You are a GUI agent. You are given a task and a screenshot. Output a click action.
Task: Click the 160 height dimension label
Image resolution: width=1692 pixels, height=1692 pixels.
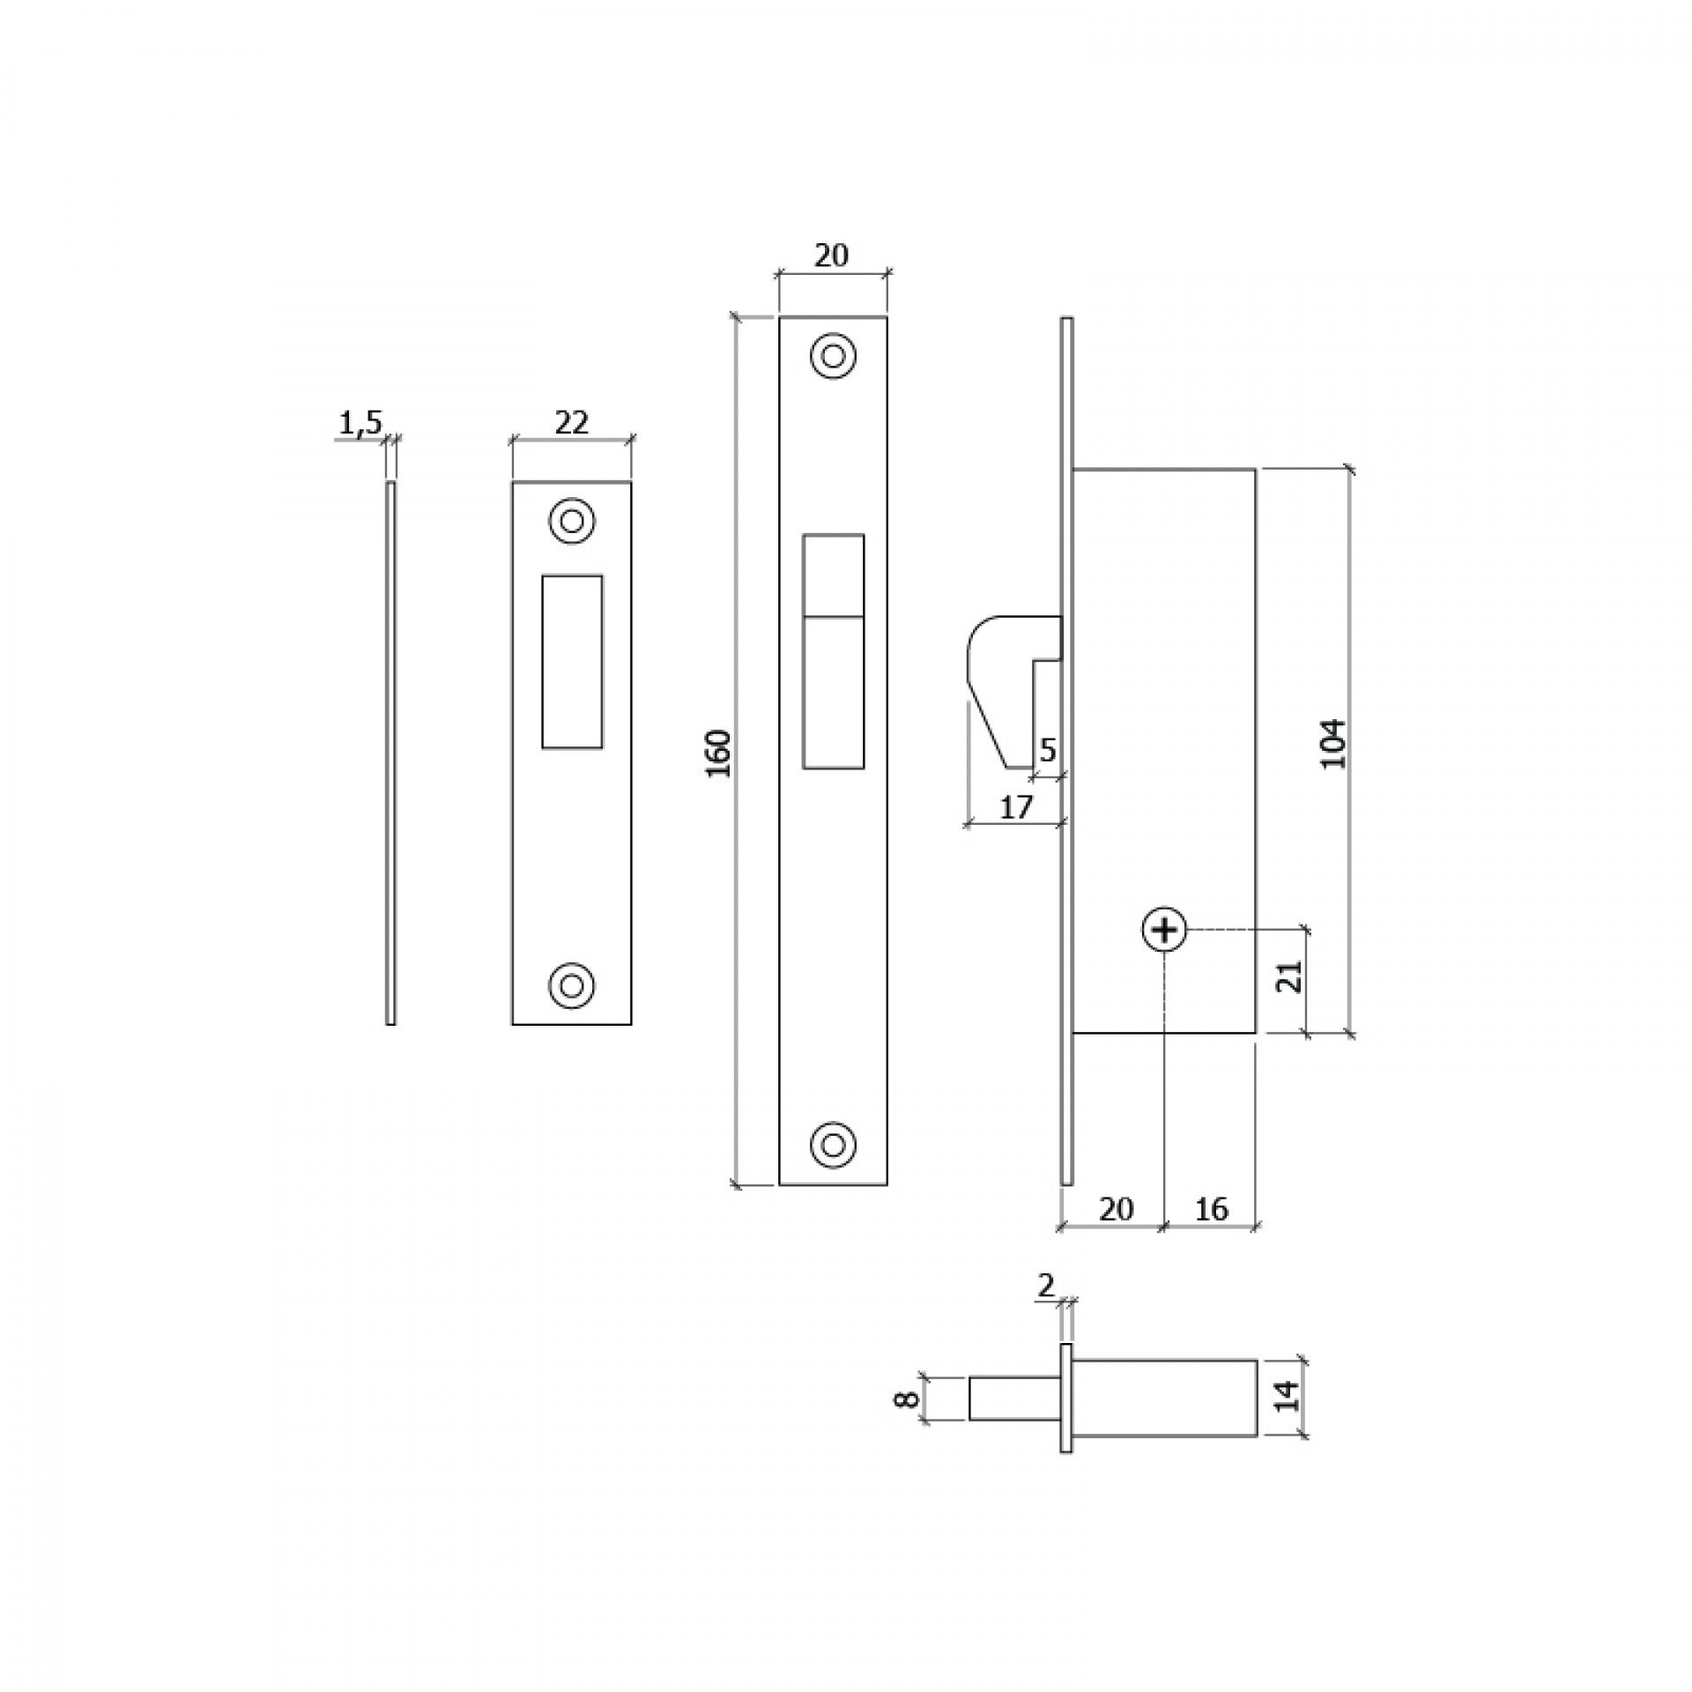(x=720, y=753)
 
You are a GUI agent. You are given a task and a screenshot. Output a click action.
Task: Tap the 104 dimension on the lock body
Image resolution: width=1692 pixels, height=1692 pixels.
(x=1334, y=744)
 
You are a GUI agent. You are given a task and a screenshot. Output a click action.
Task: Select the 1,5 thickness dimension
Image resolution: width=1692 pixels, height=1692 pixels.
(x=360, y=424)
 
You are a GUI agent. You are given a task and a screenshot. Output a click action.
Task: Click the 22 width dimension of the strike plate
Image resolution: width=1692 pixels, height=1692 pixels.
(x=571, y=423)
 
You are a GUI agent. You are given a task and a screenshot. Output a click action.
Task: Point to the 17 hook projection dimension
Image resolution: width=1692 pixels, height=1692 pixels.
(x=1016, y=807)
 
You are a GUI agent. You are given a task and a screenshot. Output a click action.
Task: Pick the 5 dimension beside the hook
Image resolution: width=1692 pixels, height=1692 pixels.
(x=1048, y=751)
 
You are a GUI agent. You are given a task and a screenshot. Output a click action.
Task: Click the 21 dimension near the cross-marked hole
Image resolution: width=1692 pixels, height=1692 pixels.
(x=1290, y=976)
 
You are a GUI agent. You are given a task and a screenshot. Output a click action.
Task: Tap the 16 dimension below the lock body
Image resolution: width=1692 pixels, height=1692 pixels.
(x=1212, y=1209)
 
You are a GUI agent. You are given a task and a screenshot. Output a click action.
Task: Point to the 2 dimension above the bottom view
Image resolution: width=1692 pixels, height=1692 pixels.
(x=1045, y=1311)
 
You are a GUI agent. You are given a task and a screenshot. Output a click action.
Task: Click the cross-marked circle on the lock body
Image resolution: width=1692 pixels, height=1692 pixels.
(x=1165, y=930)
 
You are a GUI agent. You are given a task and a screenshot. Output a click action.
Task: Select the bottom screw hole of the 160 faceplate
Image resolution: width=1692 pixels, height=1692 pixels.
(x=834, y=1144)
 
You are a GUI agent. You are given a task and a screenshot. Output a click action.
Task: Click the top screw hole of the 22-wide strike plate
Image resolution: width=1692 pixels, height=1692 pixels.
(x=572, y=522)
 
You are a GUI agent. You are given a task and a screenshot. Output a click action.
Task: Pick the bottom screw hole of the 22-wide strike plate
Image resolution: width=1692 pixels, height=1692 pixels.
(x=572, y=983)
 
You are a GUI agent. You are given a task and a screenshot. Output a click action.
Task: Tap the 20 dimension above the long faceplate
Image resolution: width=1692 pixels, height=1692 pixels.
(x=831, y=256)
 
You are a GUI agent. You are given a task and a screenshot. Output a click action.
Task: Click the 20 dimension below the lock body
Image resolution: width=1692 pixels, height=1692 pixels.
(x=1116, y=1209)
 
